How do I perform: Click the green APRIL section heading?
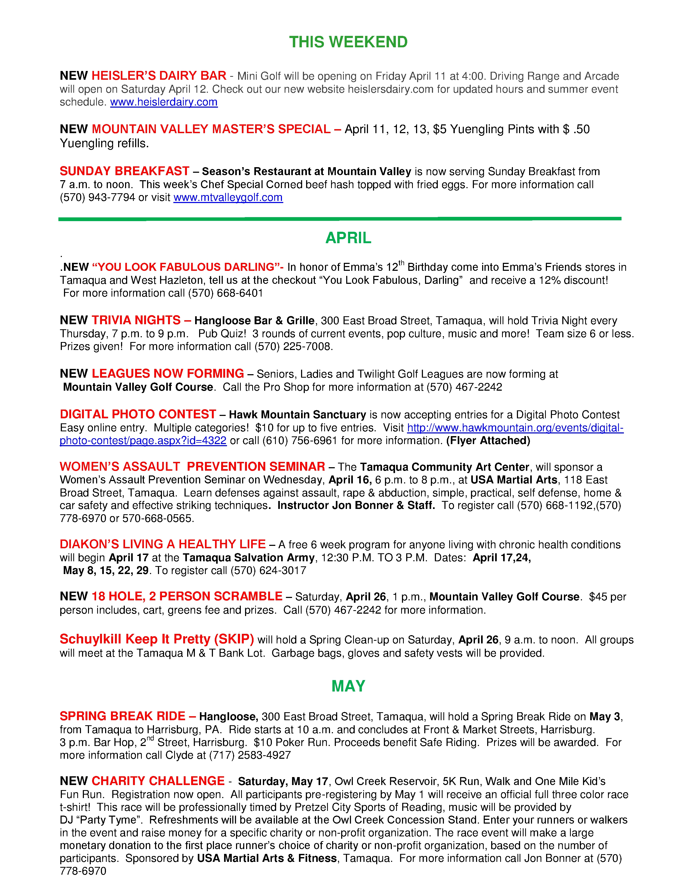pos(348,238)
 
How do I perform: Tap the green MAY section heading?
pos(348,686)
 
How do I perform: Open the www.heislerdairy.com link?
pos(164,102)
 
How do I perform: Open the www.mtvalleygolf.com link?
pos(228,197)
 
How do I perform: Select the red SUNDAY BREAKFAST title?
pos(124,171)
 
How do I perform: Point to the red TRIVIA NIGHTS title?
pos(136,320)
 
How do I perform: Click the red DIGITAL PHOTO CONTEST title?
pos(138,414)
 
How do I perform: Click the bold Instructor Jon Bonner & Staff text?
pos(356,505)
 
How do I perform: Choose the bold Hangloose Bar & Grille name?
pos(254,321)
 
